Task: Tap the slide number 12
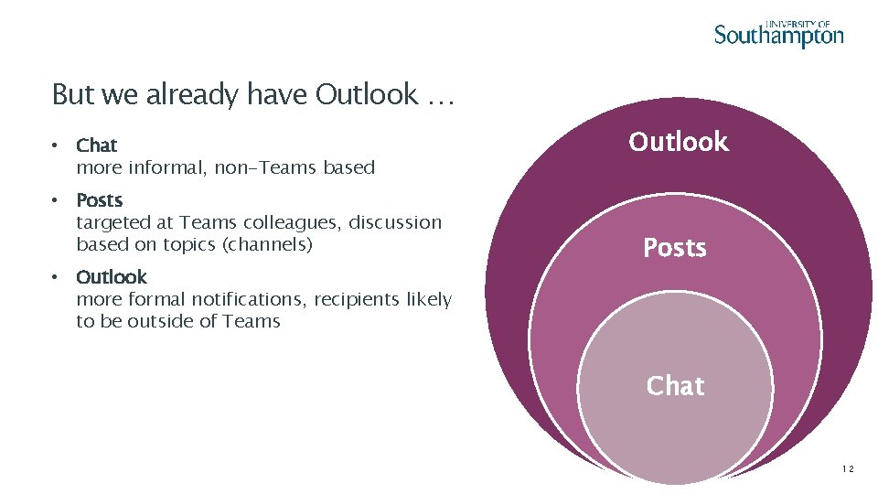847,469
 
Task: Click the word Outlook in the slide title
366,94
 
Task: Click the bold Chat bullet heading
96,145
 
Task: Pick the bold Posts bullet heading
99,200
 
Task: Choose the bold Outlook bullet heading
111,277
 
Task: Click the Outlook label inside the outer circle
679,142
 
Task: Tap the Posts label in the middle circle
675,248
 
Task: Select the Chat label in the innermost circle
675,386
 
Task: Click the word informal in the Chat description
168,167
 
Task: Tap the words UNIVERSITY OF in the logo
798,25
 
